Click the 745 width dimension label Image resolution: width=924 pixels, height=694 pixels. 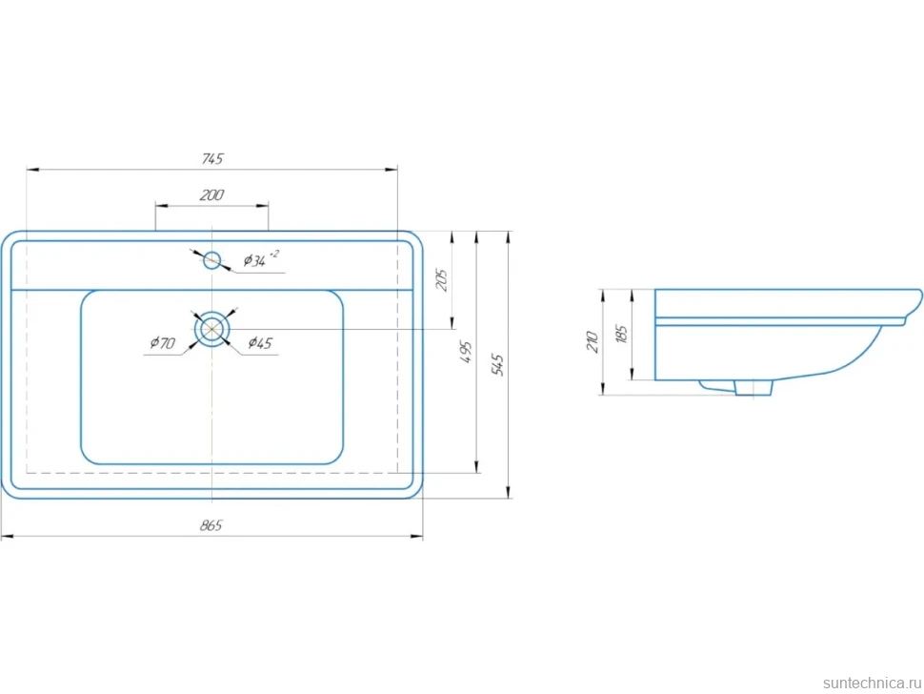(x=212, y=158)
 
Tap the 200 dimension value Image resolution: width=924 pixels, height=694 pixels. (x=211, y=195)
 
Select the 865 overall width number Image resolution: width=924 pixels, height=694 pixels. (x=211, y=525)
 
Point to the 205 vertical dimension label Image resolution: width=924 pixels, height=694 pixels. (x=441, y=279)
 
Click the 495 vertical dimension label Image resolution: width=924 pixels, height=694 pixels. (x=466, y=352)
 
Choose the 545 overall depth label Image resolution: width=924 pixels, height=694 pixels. (x=497, y=365)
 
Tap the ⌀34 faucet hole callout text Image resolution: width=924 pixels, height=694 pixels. (x=261, y=259)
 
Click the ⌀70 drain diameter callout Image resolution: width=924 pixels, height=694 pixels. (x=163, y=342)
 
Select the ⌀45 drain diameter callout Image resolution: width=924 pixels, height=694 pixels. (x=260, y=342)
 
